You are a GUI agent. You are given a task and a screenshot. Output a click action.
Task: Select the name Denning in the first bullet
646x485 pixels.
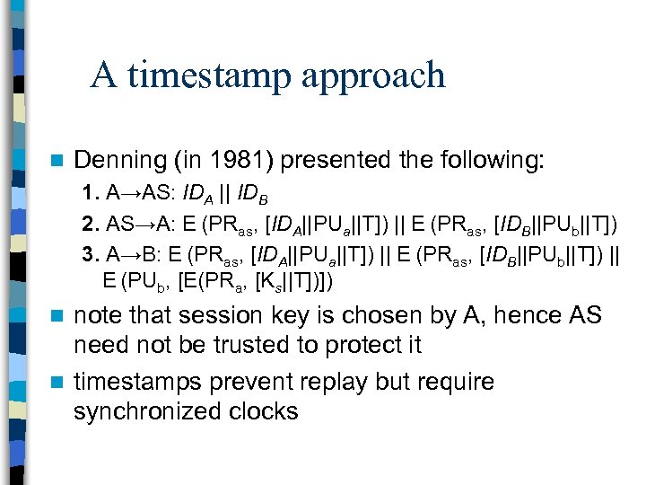click(x=115, y=162)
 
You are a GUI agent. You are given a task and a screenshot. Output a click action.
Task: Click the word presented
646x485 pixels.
click(x=322, y=162)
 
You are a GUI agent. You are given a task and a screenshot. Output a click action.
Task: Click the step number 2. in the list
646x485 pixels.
click(x=91, y=223)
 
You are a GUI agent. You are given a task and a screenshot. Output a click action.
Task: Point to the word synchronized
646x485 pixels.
click(x=156, y=412)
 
